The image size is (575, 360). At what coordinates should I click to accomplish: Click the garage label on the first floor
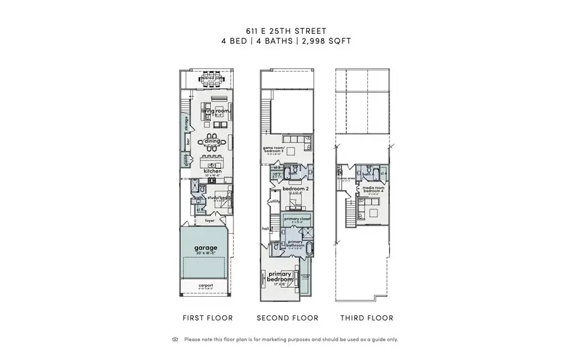pos(206,248)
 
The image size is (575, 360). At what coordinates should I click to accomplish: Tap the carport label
pos(206,285)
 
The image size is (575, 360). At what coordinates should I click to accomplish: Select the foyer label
pos(210,221)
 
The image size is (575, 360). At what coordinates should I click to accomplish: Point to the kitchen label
pos(212,171)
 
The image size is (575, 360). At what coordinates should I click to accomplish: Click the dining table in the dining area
pos(211,141)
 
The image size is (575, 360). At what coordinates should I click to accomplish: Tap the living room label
pos(215,111)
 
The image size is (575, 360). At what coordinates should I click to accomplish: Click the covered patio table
pos(211,80)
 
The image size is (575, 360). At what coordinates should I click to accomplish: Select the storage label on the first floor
pos(187,121)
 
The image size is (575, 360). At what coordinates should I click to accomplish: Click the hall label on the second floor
pos(264,228)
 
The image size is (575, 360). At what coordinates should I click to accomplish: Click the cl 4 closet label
pos(383,173)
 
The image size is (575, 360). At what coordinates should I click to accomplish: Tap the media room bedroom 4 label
pos(372,189)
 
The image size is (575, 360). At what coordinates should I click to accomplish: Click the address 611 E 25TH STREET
pos(287,29)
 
